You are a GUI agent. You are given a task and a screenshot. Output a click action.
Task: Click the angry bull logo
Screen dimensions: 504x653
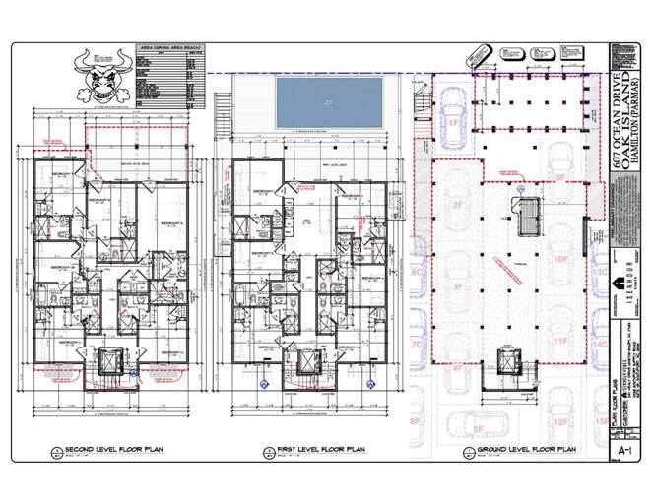100,76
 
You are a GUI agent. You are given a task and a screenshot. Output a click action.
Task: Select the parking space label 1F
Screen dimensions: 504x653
454,124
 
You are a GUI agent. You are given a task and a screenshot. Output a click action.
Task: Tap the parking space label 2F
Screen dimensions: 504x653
457,205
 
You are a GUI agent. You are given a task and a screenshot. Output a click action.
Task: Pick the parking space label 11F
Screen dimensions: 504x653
560,341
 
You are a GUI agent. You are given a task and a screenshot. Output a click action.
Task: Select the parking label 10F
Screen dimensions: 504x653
560,260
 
